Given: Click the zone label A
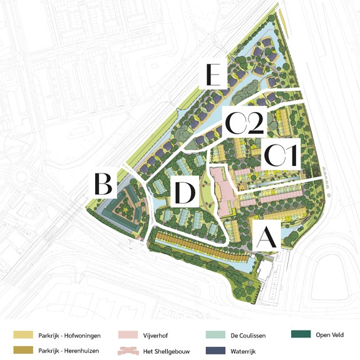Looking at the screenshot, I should [267, 237].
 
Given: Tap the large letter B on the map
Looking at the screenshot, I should [104, 184].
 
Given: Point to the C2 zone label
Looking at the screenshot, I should [244, 121].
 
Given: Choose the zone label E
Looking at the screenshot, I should [214, 76].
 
